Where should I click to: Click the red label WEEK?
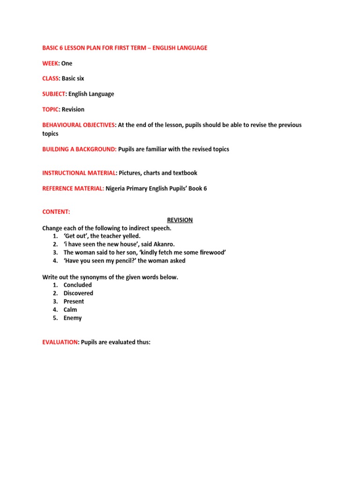coord(51,63)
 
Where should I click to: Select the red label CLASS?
coord(51,78)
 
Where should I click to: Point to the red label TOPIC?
coord(50,109)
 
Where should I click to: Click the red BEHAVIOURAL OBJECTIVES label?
coord(78,125)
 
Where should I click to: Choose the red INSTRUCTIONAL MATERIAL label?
coord(79,173)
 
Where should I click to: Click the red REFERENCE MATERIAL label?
coord(73,188)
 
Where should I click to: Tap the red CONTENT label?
coord(56,212)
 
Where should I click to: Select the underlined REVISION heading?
coord(180,220)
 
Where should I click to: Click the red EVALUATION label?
coord(60,342)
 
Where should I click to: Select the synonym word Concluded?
coord(78,285)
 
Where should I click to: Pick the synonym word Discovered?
coord(78,293)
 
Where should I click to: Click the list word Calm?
coord(70,309)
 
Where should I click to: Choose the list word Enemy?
coord(73,318)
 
